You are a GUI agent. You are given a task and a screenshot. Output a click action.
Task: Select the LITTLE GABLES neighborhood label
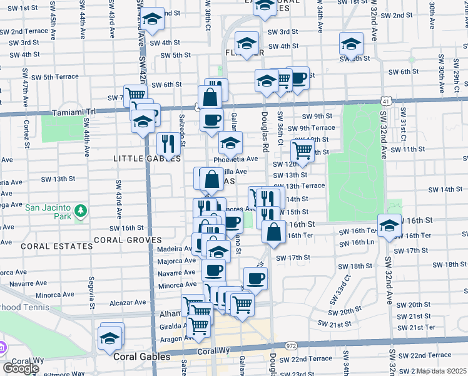142,159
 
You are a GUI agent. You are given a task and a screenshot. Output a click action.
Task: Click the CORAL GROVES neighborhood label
127,240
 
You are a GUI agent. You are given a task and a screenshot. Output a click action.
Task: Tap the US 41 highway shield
387,100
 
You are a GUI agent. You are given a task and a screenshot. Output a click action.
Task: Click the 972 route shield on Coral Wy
290,345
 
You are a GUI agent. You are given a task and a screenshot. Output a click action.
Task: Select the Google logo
21,368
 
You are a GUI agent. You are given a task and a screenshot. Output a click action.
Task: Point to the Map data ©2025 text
442,371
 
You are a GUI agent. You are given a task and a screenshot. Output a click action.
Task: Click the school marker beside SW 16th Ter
389,226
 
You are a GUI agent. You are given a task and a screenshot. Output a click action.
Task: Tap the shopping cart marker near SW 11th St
302,150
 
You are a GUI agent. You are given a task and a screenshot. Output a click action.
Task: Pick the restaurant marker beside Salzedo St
168,144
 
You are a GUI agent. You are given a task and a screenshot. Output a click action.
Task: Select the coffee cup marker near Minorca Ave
213,270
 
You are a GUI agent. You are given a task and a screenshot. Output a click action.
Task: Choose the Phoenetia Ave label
235,159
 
